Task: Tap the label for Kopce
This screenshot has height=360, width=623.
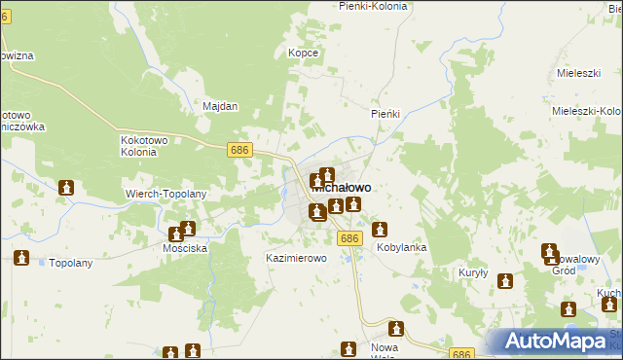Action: pos(304,53)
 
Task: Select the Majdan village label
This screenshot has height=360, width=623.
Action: pos(220,107)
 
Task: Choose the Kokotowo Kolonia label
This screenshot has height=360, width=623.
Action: pos(147,145)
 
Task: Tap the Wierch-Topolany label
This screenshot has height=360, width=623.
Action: pos(166,194)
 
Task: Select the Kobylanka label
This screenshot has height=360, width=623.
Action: pos(402,248)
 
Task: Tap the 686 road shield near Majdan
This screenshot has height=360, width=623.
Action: pos(241,150)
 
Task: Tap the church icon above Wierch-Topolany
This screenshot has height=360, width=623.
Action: pos(66,187)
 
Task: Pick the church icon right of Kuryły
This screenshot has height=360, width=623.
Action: pos(505,282)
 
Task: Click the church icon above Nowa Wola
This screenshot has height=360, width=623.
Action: pos(396,329)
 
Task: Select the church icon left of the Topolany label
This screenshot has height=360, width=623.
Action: pos(21,258)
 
